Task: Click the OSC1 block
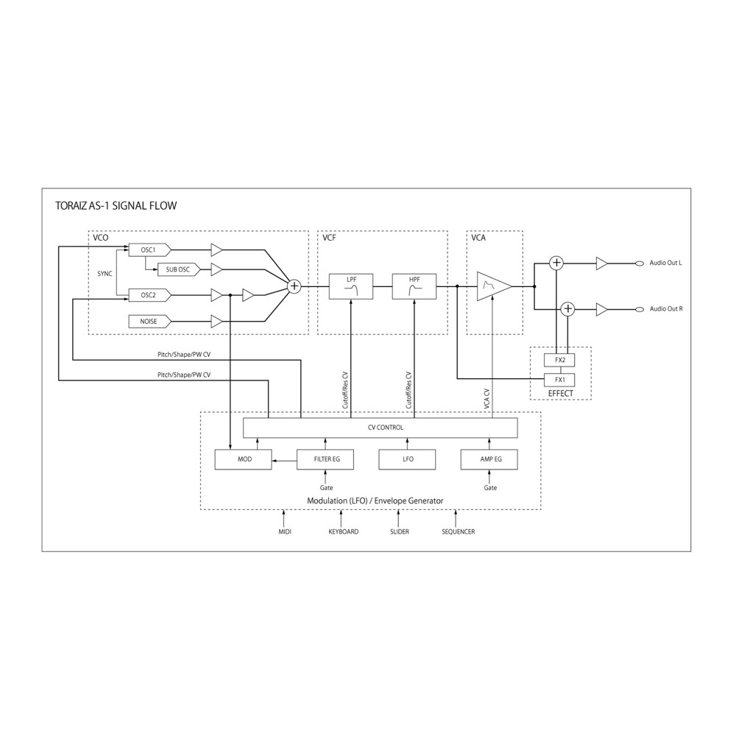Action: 149,250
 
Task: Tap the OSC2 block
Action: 149,295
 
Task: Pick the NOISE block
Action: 149,321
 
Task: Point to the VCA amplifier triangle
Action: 492,286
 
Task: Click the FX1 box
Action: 559,380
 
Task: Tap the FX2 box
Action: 559,360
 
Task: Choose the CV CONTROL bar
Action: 380,427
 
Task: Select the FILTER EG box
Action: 328,459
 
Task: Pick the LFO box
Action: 408,459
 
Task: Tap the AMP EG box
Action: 491,459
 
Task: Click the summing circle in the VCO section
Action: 294,286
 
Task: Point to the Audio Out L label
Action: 666,263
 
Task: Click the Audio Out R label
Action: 666,309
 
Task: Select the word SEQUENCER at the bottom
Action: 458,531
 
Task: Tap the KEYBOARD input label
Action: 343,531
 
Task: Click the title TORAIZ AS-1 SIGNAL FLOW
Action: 116,205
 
